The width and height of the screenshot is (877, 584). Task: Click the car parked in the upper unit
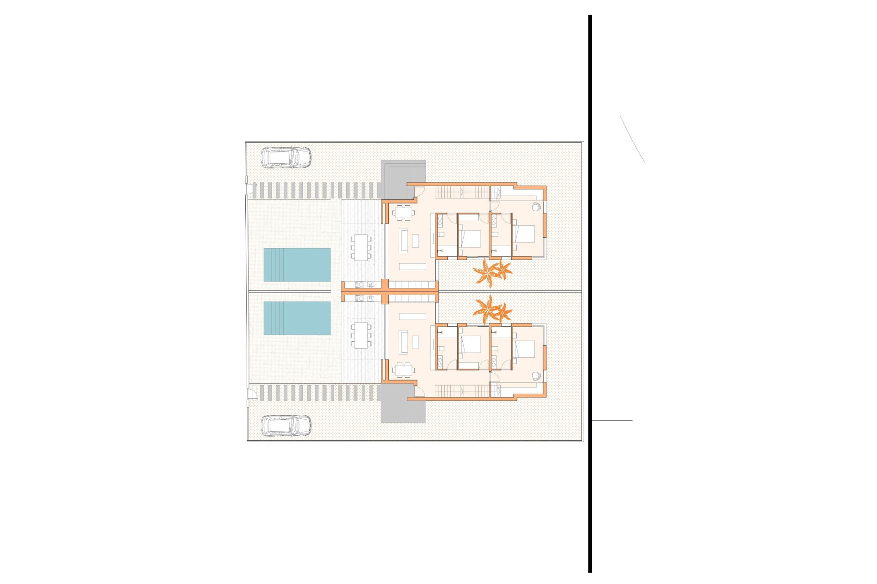point(286,158)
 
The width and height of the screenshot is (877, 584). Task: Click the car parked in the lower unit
point(286,426)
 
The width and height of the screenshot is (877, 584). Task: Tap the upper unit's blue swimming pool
point(297,265)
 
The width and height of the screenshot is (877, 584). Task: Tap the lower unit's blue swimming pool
point(297,318)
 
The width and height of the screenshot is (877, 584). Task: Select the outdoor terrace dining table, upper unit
point(361,248)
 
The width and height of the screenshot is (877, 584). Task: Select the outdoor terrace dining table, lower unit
point(361,335)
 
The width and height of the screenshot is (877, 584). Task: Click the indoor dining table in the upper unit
point(403,212)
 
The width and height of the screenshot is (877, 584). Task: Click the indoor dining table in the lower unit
point(403,370)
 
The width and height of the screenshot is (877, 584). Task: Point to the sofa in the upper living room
point(404,240)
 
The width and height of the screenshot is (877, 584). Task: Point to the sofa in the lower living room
point(404,342)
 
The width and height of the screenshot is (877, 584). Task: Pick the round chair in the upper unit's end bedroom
point(536,208)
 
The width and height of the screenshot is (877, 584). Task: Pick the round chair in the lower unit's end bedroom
point(536,375)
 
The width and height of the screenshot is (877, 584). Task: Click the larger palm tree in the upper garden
point(485,272)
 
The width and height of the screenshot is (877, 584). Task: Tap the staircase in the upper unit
point(461,193)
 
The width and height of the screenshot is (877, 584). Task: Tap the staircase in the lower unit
point(461,391)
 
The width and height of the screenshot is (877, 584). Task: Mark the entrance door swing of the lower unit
point(419,391)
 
